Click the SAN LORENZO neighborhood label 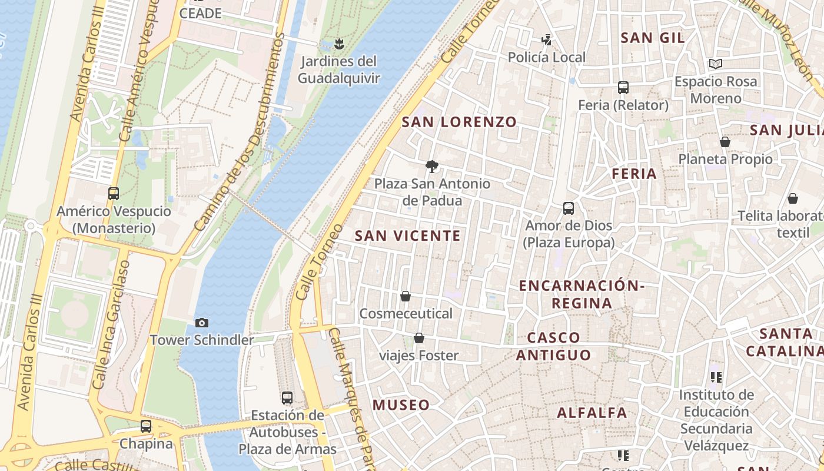(459, 122)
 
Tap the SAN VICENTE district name (408, 236)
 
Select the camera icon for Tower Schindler (202, 323)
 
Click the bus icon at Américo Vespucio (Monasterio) (114, 193)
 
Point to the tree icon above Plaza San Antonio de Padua (432, 167)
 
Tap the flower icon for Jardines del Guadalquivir (338, 44)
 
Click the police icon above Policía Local (547, 40)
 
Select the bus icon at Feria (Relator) (623, 88)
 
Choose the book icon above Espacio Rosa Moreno (716, 64)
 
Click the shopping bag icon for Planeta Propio (725, 142)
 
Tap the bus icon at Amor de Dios (569, 208)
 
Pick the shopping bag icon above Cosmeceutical (406, 296)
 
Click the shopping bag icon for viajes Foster (419, 338)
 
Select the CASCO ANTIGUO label (553, 346)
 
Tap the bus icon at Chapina (146, 426)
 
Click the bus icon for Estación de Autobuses (287, 398)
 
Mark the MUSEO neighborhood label (401, 405)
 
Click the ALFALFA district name (592, 413)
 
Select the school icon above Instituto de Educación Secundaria (716, 377)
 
